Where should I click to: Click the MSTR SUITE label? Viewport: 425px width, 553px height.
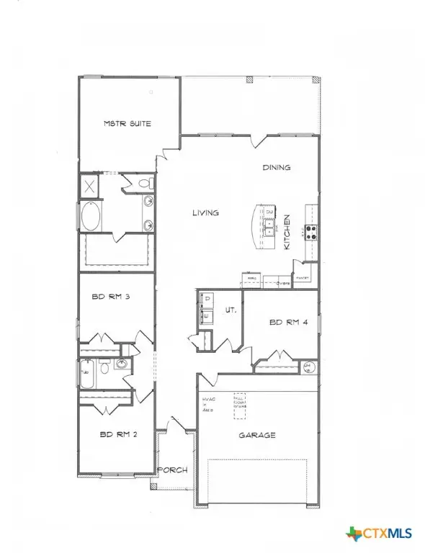click(127, 124)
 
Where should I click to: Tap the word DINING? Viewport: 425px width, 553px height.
click(276, 167)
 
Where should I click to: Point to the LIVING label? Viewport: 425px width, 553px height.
click(205, 212)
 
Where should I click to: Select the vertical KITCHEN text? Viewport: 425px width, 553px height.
click(286, 232)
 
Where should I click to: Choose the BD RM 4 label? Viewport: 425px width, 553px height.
click(289, 323)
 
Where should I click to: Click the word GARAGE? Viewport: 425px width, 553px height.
click(257, 435)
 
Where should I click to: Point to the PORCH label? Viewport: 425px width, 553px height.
click(173, 469)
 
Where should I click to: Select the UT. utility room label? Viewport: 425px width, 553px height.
click(231, 310)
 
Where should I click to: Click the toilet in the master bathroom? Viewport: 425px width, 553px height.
click(141, 183)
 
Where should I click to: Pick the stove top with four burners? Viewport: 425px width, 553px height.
click(313, 232)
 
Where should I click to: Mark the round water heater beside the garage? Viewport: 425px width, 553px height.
click(308, 367)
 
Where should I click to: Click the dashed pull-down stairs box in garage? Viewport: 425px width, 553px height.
click(239, 405)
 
